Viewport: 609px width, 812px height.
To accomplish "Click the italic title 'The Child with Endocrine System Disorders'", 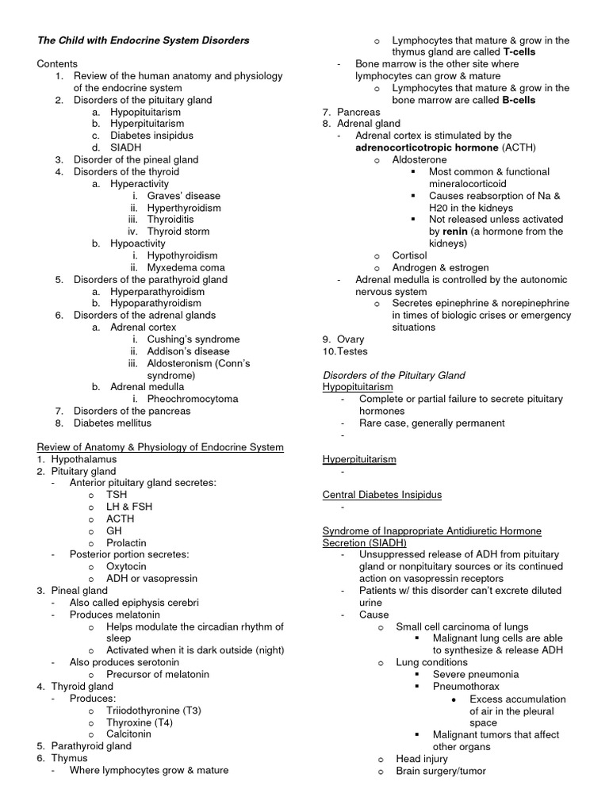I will (143, 40).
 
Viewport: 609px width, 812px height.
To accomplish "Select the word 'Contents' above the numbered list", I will (57, 63).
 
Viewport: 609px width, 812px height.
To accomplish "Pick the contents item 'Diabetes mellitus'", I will (118, 423).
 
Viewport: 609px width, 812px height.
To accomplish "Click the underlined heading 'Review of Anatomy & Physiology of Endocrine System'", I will (159, 447).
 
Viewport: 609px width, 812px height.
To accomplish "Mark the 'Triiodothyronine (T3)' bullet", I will (154, 710).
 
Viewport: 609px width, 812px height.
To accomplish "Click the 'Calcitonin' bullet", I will (128, 734).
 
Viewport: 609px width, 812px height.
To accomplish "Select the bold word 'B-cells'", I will (519, 100).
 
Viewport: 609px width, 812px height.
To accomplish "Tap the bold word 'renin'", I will (455, 232).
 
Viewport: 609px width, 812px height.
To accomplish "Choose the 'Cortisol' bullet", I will (410, 255).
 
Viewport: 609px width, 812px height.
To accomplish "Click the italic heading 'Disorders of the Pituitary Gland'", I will (393, 375).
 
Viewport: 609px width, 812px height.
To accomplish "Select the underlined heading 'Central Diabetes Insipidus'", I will (382, 495).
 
